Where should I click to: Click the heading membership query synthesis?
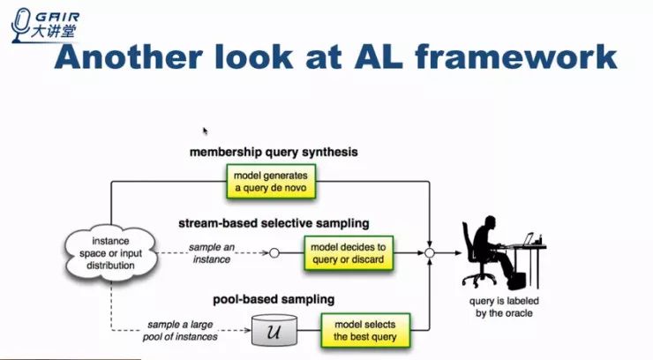pos(274,152)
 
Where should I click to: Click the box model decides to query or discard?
pos(347,252)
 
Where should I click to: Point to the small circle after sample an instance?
pos(274,253)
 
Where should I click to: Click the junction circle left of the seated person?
pos(430,253)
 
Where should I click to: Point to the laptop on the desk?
pos(529,238)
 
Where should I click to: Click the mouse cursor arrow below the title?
pos(205,130)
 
